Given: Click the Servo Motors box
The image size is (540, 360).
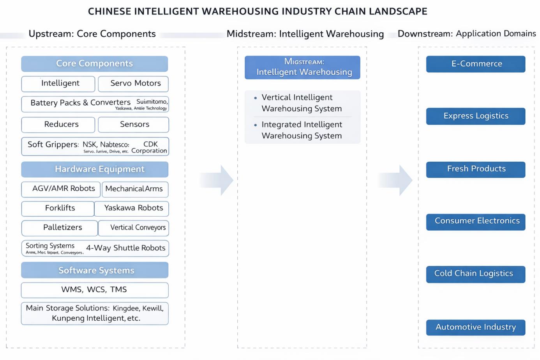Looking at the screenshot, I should (x=133, y=84).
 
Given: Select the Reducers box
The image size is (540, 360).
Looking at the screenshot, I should (x=58, y=125).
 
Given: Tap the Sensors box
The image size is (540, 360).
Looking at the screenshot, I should (x=133, y=125).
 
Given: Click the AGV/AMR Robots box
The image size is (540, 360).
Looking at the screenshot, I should (x=61, y=189).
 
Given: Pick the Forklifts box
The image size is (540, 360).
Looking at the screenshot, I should (x=58, y=208).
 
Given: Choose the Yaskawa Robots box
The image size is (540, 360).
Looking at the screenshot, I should (x=132, y=208).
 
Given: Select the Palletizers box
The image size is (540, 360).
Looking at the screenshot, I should (x=60, y=228).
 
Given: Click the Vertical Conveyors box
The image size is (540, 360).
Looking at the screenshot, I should (x=134, y=228).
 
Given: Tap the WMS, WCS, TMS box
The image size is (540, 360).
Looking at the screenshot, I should (x=95, y=290).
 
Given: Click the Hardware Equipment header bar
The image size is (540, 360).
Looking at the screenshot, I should (x=95, y=169).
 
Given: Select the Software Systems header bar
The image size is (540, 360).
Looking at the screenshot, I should (x=95, y=270).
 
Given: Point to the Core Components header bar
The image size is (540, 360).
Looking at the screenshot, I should (x=95, y=64).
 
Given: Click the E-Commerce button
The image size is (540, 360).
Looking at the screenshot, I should (x=475, y=64).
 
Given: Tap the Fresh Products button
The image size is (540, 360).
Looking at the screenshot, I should (x=475, y=169).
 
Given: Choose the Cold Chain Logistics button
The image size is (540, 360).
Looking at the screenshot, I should (x=475, y=274).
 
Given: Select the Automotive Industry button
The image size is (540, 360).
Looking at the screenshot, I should (x=475, y=327).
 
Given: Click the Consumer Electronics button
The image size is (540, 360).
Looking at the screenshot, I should (x=475, y=221).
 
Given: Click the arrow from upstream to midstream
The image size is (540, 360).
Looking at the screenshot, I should (x=218, y=180).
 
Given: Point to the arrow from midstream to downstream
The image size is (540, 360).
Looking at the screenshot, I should (x=397, y=180).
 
